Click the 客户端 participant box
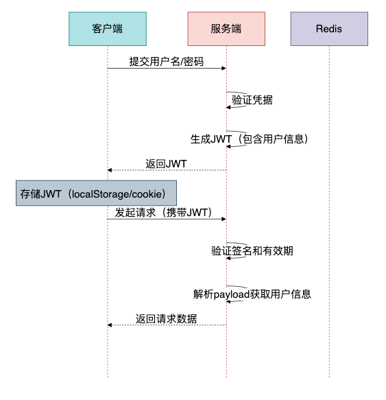107,29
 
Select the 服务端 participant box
226,29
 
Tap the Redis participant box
329,29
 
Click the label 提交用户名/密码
167,61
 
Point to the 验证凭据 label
252,100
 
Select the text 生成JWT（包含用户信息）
252,139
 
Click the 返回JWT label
167,163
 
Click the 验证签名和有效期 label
252,251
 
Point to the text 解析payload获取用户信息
252,294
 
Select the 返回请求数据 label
167,318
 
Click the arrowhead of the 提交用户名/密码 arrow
224,68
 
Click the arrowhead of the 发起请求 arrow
224,219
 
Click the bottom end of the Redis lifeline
329,376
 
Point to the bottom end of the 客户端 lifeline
108,376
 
